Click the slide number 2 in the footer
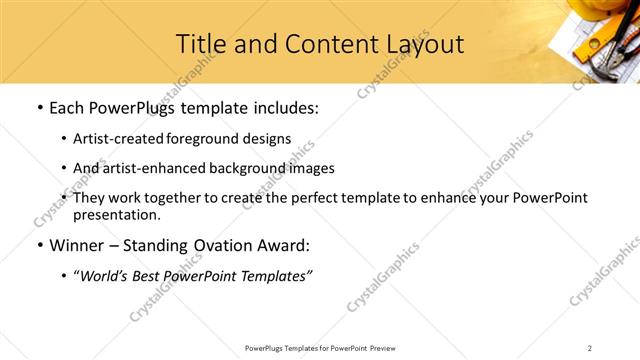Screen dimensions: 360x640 tap(590, 347)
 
